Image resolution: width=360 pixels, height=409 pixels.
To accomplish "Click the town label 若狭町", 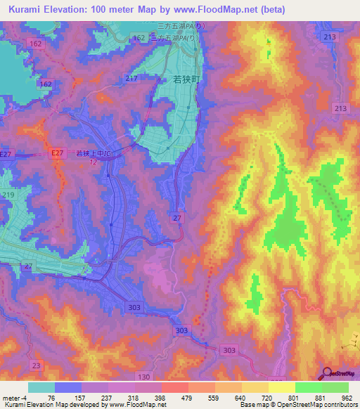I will click(186, 80).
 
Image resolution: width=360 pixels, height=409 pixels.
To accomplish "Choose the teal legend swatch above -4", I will click(41, 387).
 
